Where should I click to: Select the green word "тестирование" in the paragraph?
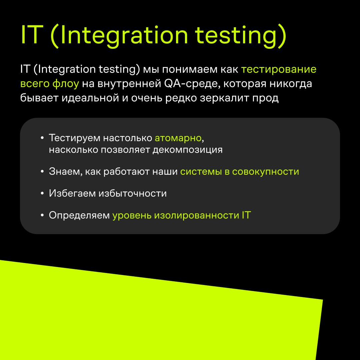click(x=279, y=69)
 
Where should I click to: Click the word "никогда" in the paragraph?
click(x=291, y=84)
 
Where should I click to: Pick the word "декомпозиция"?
click(x=188, y=150)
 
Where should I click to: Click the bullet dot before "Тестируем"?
click(x=42, y=138)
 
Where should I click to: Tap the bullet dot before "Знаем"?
click(x=42, y=172)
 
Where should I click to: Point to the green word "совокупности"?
click(x=266, y=172)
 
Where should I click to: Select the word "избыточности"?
click(x=133, y=194)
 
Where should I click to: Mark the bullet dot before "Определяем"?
click(x=42, y=215)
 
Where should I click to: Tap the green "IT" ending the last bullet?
click(x=246, y=215)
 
